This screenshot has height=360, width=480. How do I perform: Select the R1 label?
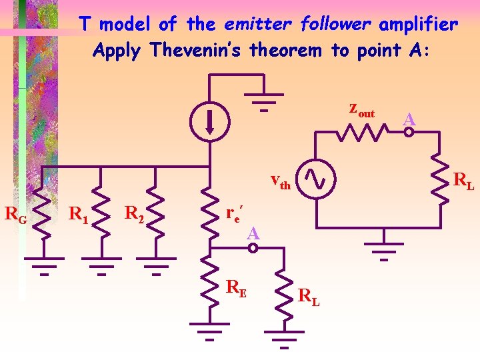click(x=81, y=215)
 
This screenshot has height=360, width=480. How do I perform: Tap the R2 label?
click(x=135, y=215)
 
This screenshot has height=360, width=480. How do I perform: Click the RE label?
click(x=237, y=288)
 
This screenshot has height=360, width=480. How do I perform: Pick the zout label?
click(x=362, y=111)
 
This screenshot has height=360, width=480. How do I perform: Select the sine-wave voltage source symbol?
click(x=314, y=177)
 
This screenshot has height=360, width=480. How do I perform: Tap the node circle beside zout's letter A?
click(x=409, y=132)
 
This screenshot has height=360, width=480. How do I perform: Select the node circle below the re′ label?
click(x=253, y=248)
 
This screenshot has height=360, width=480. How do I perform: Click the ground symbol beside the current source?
click(x=264, y=100)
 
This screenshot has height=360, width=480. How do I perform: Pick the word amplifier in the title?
click(x=418, y=25)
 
